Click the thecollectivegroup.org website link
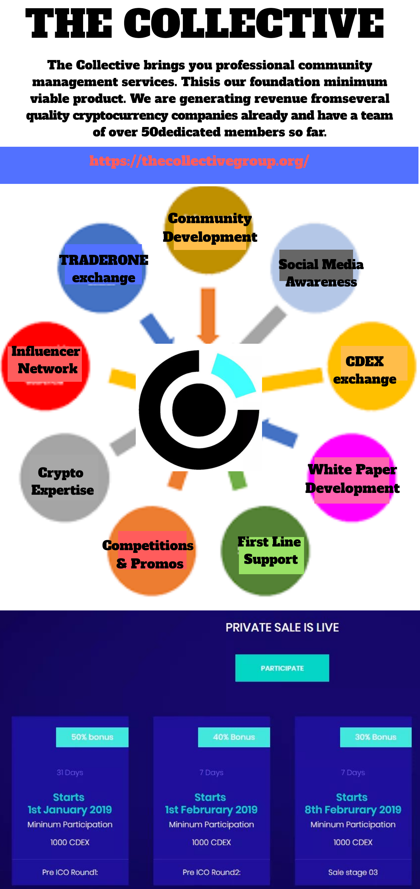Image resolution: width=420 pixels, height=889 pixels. click(199, 161)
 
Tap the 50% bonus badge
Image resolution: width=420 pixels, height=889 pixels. click(92, 737)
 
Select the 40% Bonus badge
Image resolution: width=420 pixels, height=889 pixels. click(234, 737)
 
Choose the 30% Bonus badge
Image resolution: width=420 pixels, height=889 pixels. click(376, 737)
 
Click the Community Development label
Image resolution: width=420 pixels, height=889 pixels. click(210, 228)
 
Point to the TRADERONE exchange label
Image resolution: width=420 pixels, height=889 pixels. click(103, 269)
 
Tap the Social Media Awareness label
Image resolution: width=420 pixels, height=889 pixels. click(321, 273)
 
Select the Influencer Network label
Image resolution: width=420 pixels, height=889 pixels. click(46, 360)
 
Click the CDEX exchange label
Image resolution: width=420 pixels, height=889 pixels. click(365, 370)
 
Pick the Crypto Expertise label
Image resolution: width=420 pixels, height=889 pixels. click(62, 481)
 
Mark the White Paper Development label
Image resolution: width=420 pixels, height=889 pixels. click(352, 479)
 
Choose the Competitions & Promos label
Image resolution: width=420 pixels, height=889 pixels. click(148, 554)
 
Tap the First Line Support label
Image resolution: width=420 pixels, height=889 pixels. click(270, 550)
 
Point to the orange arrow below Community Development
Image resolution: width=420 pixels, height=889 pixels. click(208, 315)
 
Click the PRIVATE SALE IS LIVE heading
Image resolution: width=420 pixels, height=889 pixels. click(282, 627)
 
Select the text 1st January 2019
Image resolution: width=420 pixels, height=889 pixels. click(70, 810)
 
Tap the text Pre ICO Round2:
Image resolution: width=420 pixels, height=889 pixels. click(212, 872)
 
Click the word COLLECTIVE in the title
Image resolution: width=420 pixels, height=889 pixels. click(254, 23)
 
